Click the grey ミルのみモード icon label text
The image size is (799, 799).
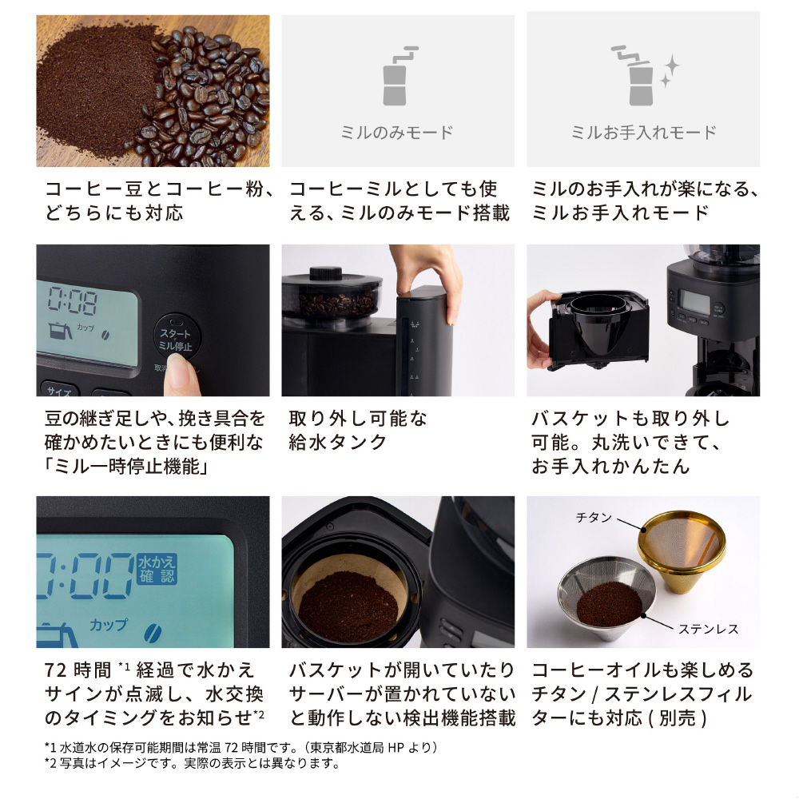(396, 133)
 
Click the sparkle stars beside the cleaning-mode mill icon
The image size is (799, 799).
(670, 71)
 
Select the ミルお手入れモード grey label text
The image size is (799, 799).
(643, 133)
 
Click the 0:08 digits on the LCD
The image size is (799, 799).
(73, 301)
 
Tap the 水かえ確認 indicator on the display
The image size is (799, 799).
(157, 569)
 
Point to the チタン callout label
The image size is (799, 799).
(593, 518)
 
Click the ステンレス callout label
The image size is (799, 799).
(708, 630)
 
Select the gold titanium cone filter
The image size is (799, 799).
(682, 551)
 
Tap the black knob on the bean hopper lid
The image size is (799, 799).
(326, 273)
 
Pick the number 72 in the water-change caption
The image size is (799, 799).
(56, 670)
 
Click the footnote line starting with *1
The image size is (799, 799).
(241, 747)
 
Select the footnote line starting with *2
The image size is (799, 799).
(192, 763)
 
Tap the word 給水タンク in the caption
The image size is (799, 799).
(337, 443)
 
